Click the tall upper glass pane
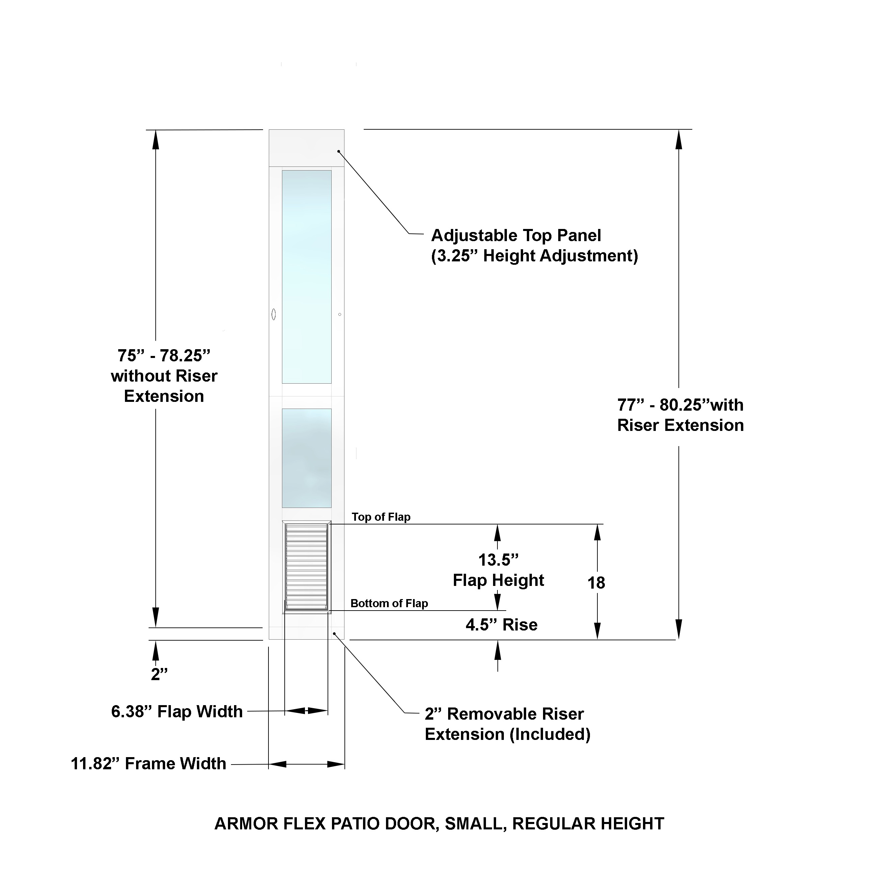(307, 277)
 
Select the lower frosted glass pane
(307, 458)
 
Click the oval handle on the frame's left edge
(274, 314)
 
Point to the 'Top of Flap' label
(381, 517)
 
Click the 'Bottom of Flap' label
(389, 603)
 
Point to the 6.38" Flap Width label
(177, 712)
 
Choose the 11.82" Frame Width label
(148, 764)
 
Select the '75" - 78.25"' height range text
(164, 356)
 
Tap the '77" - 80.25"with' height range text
(680, 405)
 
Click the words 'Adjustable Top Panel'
(516, 235)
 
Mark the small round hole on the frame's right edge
(340, 314)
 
